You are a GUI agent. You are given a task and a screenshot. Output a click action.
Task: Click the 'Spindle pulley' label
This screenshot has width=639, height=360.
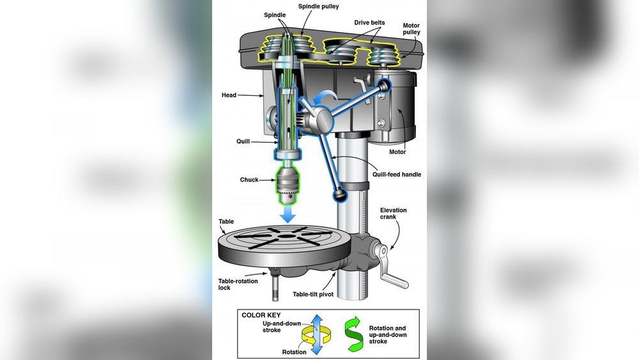[318, 6]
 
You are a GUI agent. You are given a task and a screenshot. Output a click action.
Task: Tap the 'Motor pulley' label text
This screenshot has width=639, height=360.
[411, 29]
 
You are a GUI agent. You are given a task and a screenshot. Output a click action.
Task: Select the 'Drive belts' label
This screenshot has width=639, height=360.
[369, 22]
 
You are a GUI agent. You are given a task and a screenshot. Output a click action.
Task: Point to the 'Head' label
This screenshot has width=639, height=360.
[229, 95]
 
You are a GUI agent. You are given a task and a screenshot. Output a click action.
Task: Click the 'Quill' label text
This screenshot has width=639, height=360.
[243, 141]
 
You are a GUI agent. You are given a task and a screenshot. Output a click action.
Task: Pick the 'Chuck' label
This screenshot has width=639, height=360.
[249, 180]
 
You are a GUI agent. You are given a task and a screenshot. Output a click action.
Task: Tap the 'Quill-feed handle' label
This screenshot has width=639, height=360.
[397, 174]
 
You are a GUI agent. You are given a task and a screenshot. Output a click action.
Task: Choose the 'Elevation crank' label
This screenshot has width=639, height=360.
[393, 213]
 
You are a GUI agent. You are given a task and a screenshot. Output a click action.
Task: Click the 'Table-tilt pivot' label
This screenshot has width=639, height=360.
[313, 294]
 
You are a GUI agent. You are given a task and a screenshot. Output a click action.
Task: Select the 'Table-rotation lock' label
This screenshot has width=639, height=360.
[238, 284]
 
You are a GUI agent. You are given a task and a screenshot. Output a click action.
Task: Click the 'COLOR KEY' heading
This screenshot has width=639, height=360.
[261, 315]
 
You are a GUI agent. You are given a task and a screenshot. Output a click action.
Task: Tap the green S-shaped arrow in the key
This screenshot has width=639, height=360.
[353, 334]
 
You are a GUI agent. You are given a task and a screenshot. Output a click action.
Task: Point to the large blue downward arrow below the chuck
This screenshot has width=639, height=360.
[288, 214]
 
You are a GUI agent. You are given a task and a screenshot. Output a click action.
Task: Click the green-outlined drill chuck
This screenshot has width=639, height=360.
[288, 185]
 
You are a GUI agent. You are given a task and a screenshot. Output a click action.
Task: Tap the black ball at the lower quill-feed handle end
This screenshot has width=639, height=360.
[339, 195]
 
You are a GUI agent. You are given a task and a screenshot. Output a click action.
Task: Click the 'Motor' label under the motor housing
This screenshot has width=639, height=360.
[397, 152]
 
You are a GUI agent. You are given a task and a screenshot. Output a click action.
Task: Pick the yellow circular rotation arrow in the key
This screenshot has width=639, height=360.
[316, 335]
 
